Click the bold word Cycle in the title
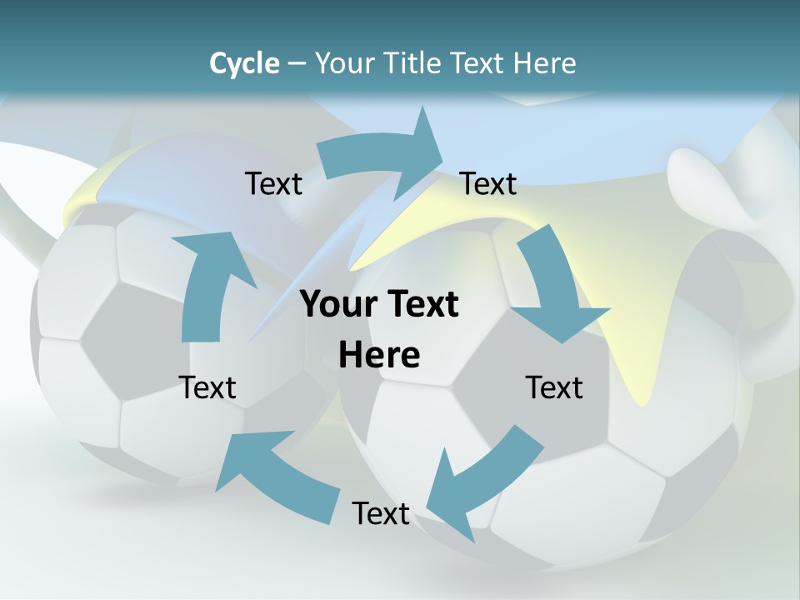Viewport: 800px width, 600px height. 244,63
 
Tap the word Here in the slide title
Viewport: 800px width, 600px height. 544,63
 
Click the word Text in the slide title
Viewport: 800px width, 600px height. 478,63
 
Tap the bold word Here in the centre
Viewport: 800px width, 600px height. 379,356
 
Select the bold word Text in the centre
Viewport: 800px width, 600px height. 418,304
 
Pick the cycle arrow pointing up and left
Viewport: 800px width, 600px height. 275,475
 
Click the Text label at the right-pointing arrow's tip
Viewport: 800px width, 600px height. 488,183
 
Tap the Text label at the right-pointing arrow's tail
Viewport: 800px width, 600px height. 273,183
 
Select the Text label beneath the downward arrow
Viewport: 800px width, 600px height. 554,387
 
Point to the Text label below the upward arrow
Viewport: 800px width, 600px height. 207,387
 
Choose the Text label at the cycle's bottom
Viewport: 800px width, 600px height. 381,513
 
